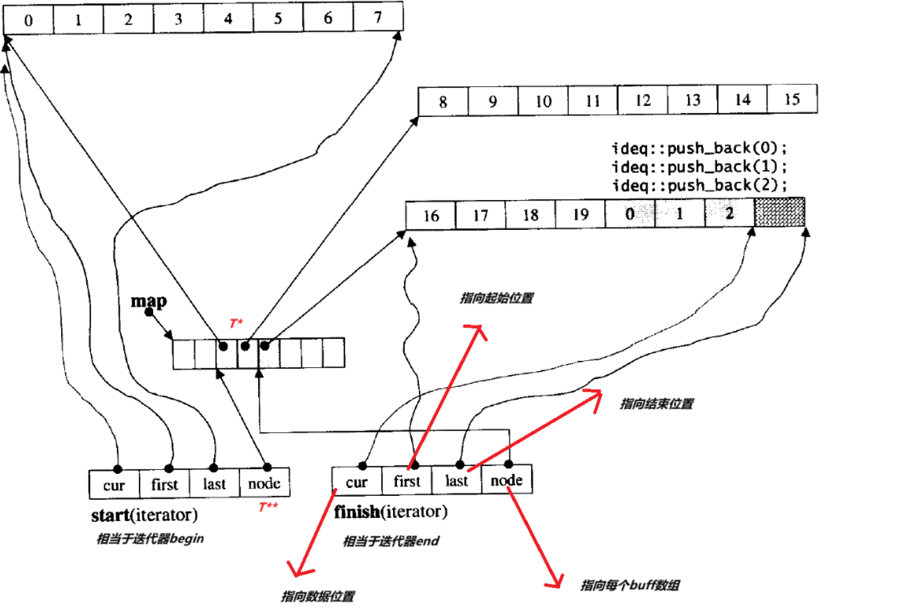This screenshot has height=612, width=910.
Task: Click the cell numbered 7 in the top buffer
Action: coord(378,17)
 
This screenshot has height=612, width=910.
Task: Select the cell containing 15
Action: coord(792,100)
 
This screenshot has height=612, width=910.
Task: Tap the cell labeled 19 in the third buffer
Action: coord(580,214)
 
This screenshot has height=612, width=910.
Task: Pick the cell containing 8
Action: coord(443,102)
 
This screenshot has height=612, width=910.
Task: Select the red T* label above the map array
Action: coord(236,323)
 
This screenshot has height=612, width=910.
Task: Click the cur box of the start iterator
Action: coord(115,484)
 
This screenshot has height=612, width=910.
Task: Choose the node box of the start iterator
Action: coord(264,483)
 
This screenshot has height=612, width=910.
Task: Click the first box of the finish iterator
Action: coord(407,481)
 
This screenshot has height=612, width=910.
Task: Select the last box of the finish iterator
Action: coord(457,480)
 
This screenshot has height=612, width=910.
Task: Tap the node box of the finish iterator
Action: coord(506,480)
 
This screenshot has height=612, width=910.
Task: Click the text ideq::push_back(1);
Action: coord(697,166)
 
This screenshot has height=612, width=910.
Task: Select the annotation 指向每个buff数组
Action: coord(630,585)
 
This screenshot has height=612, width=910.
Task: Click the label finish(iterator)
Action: coord(391,513)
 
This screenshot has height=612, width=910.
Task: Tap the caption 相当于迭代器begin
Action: coord(150,539)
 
